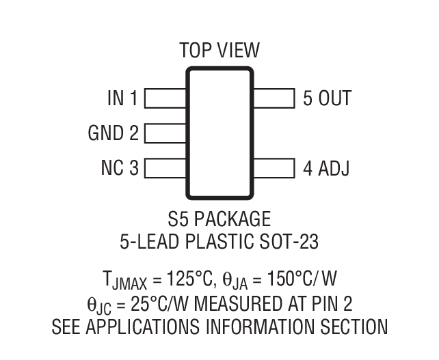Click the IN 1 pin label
[122, 99]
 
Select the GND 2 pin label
[113, 133]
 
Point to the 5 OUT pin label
[327, 99]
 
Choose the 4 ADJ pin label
[326, 168]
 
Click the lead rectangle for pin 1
[165, 99]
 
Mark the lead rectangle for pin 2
[165, 133]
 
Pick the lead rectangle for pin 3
[165, 168]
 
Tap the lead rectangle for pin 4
[274, 168]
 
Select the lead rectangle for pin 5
[274, 99]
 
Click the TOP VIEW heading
[219, 51]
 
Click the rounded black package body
[219, 133]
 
